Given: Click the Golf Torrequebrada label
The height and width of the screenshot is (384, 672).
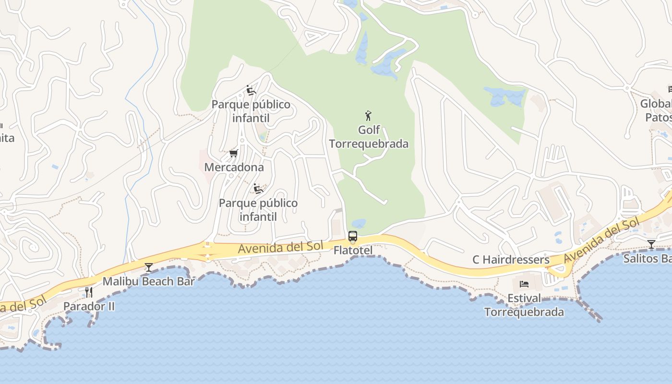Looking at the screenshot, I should coord(369,137).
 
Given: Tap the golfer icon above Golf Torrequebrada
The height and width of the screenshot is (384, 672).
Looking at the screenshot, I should coord(368,116).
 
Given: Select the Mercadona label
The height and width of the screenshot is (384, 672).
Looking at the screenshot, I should coord(234,167).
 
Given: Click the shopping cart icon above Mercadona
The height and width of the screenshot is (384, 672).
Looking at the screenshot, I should coord(234,154).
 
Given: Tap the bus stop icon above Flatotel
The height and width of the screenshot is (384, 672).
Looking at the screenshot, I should coord(353,236).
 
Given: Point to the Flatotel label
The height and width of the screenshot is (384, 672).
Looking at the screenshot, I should coord(353,250).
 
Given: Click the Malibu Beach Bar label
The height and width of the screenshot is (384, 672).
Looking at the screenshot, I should coord(148,281).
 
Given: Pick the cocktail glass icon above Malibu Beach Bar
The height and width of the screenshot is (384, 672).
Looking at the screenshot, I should coord(149,267).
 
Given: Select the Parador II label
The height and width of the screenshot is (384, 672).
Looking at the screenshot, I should coord(89,306).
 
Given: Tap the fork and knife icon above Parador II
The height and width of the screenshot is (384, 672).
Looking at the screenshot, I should coord(89,292).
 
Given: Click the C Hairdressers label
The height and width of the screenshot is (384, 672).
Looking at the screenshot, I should coord(511,260).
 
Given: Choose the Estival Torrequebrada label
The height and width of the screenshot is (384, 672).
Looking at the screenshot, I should coord(524,305).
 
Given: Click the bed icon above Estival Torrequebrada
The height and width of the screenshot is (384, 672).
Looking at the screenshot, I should coord(524,284).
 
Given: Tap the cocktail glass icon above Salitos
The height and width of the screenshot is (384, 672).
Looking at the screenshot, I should coord(651,244).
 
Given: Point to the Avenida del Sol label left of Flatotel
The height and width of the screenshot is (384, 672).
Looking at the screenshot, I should coord(278,248).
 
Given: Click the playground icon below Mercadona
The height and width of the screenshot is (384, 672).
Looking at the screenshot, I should coord(258,189).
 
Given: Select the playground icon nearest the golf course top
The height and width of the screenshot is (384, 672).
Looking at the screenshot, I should coord(251,90).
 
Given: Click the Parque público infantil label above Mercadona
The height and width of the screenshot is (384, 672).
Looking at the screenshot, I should coord(251,111).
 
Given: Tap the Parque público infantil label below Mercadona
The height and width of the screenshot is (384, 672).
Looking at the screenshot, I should coord(258,210).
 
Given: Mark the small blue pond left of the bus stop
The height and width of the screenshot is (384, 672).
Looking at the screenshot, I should coord(359,223).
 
